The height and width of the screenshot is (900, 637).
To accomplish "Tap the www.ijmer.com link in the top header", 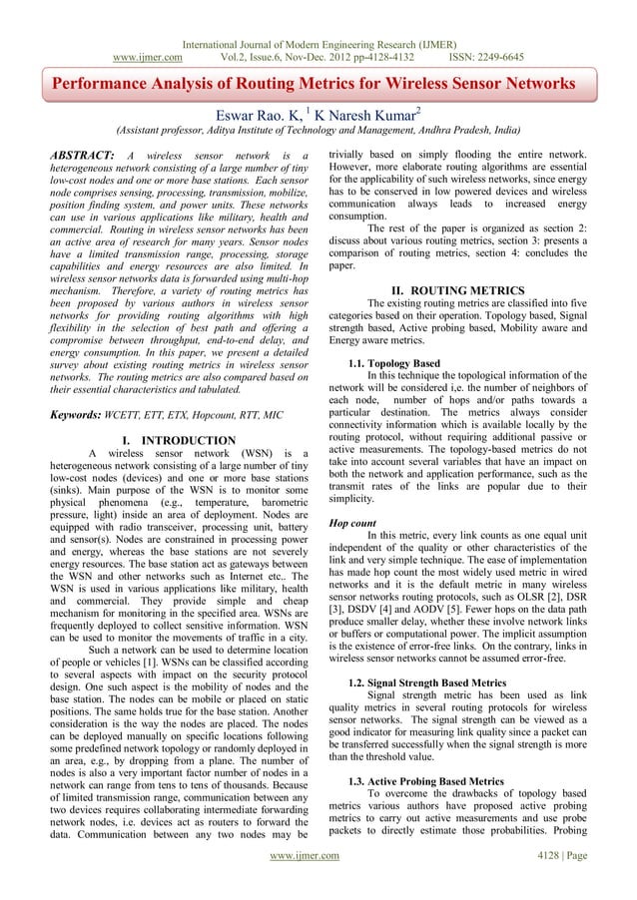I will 151,29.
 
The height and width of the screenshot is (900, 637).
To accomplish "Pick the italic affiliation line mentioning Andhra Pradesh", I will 317,130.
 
